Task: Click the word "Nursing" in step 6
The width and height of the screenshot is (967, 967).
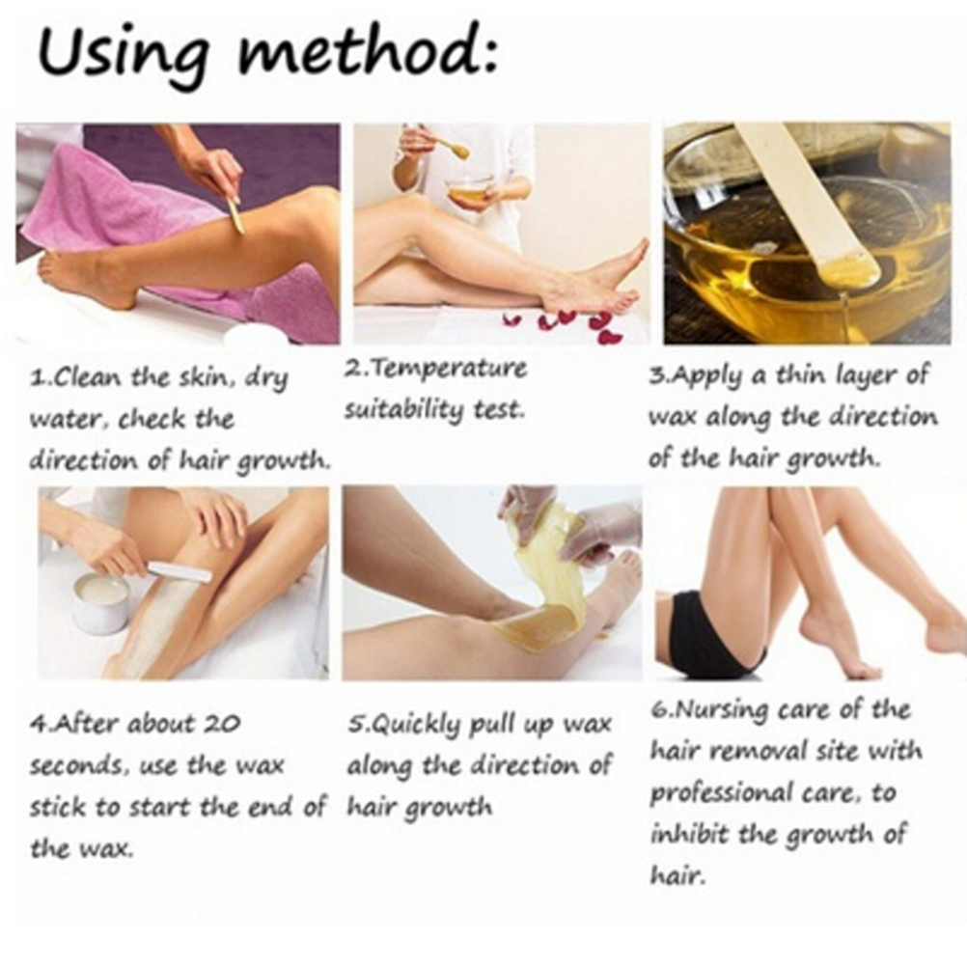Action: click(719, 710)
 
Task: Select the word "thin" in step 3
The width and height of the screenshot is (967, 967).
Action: click(802, 374)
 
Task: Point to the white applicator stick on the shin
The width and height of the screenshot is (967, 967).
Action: click(179, 570)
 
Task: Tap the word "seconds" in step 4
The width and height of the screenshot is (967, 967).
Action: click(76, 766)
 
